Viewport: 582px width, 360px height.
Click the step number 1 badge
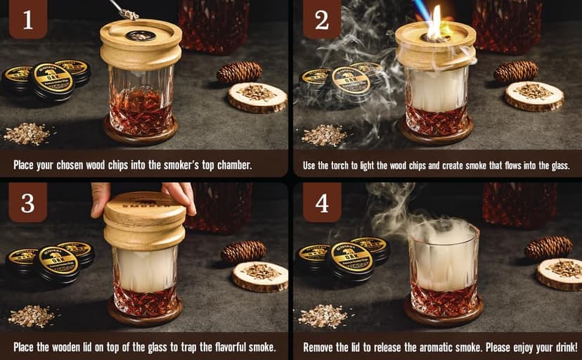click(27, 20)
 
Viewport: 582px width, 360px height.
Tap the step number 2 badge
click(321, 20)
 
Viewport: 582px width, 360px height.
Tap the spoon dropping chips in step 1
click(127, 10)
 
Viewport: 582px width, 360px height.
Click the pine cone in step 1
click(239, 72)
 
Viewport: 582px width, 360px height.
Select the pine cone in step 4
click(548, 247)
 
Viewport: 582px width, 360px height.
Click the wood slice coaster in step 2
click(534, 96)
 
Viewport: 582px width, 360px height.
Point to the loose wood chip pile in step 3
click(32, 315)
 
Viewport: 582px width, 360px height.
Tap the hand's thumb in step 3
click(101, 199)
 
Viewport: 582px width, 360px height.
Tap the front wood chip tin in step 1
click(50, 82)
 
